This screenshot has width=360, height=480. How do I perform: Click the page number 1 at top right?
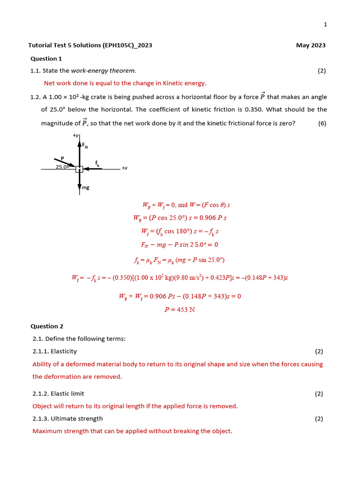point(325,25)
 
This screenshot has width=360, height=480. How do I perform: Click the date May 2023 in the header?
point(310,45)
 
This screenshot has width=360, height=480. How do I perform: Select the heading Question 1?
point(46,59)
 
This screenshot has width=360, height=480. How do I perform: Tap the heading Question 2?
point(47,326)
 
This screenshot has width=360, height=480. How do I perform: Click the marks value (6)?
point(322,124)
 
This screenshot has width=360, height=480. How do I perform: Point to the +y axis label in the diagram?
point(76,135)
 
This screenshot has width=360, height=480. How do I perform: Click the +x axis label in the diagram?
point(125,168)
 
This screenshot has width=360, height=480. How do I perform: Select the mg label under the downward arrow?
point(85,187)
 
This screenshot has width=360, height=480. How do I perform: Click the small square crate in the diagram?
point(79,169)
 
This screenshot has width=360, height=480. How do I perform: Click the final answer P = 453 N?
point(180,309)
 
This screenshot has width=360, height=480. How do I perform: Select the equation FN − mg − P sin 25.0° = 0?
point(180,244)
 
